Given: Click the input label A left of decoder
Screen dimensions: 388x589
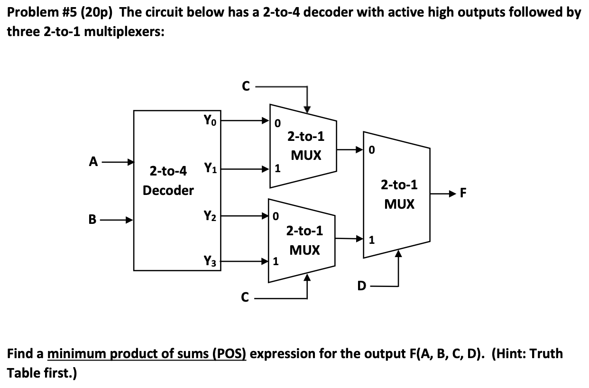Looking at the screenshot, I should [94, 162].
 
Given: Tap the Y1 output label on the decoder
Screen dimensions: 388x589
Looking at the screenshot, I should [210, 167].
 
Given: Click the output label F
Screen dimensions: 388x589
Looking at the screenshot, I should [463, 193].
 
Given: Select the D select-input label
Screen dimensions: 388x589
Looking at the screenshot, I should [362, 286].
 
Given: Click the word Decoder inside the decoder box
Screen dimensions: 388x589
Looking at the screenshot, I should [168, 191].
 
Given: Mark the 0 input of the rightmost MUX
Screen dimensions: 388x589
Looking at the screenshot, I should [372, 151].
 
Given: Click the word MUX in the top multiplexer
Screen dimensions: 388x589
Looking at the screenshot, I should [305, 155].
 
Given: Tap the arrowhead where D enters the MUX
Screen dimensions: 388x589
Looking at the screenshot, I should [398, 255].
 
